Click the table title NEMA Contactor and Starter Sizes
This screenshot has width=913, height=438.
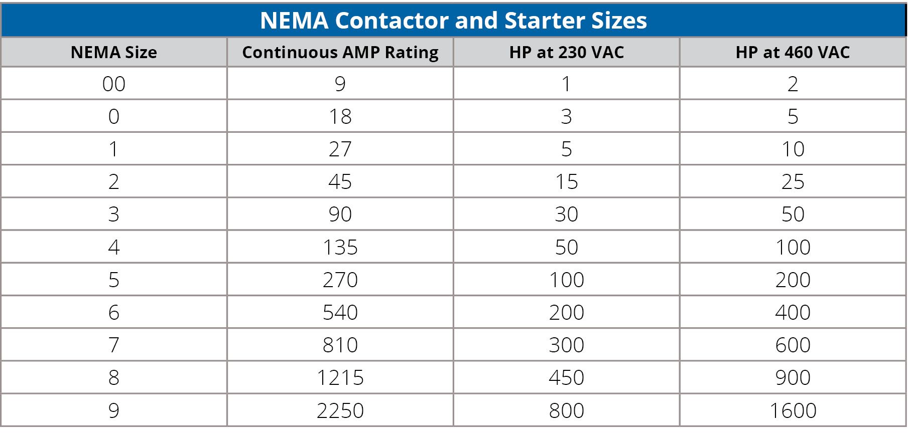(453, 21)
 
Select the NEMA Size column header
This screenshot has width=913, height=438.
(114, 52)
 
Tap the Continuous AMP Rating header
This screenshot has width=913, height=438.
(340, 52)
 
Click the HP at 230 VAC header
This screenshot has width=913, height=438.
(566, 52)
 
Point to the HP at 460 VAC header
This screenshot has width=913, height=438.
(793, 52)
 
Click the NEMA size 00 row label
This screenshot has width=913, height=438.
(114, 84)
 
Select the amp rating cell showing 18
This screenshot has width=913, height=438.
(340, 116)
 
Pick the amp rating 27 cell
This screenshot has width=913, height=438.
(340, 149)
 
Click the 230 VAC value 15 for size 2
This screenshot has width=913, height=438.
(566, 181)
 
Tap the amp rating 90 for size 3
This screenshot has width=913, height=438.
(340, 214)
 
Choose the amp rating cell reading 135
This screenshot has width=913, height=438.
(340, 247)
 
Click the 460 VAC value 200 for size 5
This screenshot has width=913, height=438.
(793, 280)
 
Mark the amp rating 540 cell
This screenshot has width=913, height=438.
(340, 312)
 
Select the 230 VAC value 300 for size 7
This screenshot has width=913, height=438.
(566, 345)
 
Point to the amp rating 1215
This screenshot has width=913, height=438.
(340, 377)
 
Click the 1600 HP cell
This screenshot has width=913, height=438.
(793, 410)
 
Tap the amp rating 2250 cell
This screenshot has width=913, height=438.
(340, 410)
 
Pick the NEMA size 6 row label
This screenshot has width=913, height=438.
(114, 312)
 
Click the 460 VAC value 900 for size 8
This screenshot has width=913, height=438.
(793, 377)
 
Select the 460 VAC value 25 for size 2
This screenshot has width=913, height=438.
(793, 181)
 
